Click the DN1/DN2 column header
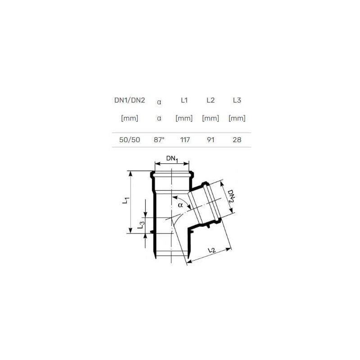[130, 100]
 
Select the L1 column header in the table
[184, 100]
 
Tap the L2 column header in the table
[211, 100]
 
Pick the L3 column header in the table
[237, 100]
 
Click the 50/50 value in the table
[130, 140]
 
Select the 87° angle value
[159, 140]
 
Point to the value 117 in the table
[185, 140]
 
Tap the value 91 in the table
[211, 140]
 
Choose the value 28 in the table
[237, 140]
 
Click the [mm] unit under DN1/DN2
[130, 118]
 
